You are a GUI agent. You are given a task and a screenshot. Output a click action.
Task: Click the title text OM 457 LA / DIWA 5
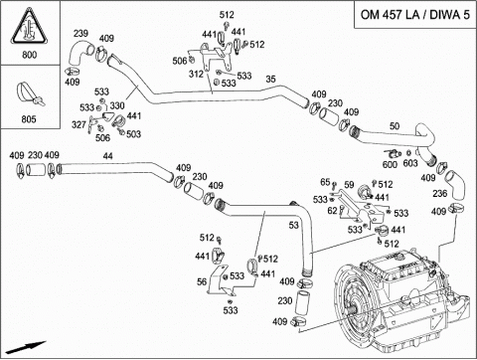tap(414, 15)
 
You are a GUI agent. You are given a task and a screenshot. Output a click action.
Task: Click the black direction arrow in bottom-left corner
tap(26, 348)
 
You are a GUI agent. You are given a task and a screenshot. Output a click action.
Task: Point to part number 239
tap(80, 34)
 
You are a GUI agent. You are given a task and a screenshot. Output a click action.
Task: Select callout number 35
tap(270, 79)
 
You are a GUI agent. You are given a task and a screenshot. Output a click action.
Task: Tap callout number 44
tap(107, 156)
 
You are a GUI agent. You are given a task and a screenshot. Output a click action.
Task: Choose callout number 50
tap(395, 126)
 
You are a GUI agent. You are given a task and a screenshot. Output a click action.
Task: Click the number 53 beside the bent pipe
tap(293, 225)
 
